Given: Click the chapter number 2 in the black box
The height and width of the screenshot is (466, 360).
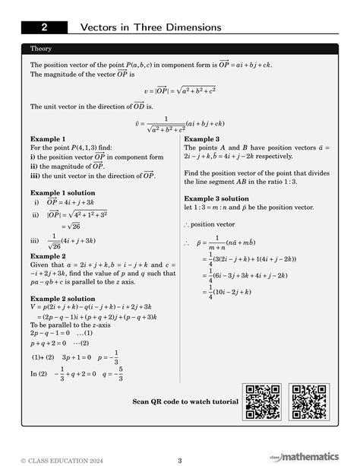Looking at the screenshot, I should click(44, 27).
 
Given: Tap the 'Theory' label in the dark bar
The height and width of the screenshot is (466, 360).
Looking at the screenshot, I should click(41, 48).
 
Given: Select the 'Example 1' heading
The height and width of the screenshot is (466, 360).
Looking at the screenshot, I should click(48, 140).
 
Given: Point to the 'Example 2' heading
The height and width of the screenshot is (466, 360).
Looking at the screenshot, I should click(48, 256).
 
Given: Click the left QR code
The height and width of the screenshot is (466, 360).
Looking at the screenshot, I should click(263, 402).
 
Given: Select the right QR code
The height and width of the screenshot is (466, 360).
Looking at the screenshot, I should click(310, 402).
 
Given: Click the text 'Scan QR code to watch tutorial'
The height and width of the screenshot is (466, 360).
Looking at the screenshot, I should click(185, 401).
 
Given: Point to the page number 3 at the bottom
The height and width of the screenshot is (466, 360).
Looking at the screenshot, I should click(180, 459).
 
